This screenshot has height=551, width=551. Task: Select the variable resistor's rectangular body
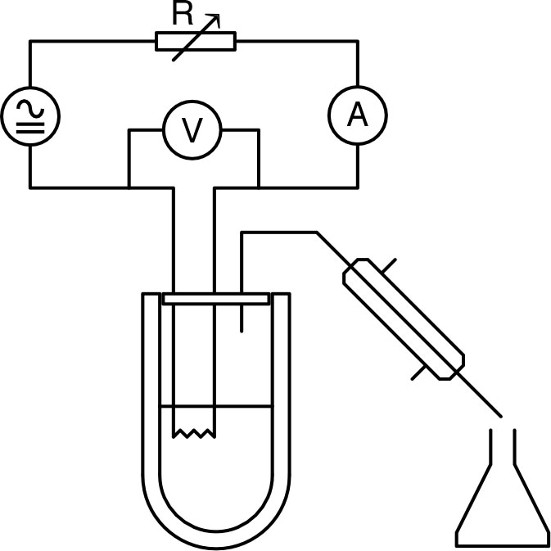(x=196, y=42)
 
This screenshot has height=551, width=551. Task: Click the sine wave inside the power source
(x=30, y=109)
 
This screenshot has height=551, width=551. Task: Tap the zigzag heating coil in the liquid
(x=194, y=434)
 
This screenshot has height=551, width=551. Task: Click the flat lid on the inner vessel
(x=216, y=299)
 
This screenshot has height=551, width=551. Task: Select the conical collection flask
(x=503, y=492)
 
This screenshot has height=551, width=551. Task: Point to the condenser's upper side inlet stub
(x=389, y=265)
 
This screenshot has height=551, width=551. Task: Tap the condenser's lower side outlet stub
(x=419, y=373)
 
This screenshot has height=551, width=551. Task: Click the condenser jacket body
(x=404, y=319)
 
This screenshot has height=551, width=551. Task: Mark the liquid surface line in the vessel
(x=216, y=407)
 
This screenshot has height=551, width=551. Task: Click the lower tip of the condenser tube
(x=500, y=417)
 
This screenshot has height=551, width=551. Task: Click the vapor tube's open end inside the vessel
(x=242, y=331)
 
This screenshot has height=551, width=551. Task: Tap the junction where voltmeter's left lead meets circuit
(x=129, y=188)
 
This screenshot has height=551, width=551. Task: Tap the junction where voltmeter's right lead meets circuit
(x=259, y=188)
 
